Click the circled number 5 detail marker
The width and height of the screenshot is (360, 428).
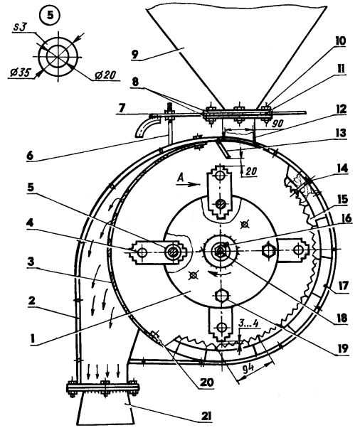pos(51,15)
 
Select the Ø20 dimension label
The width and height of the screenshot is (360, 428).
pos(105,75)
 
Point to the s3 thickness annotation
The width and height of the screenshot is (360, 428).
pos(22,27)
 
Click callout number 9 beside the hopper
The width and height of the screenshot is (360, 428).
pos(136,54)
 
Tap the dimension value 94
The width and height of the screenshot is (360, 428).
pos(250,368)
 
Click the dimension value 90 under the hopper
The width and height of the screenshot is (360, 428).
pos(277,124)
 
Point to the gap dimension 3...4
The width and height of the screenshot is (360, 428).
pos(249,323)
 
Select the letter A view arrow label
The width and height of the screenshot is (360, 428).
pos(180,178)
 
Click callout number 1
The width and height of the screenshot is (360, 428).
pos(33,338)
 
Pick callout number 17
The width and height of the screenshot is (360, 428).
pos(343,286)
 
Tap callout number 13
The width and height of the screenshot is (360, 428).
pos(340,133)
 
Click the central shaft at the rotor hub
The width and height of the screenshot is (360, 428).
pos(219,250)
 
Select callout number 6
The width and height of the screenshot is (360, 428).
pos(30,156)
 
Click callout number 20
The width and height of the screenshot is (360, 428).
pos(207,382)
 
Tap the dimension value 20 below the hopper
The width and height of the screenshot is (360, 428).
pos(251,171)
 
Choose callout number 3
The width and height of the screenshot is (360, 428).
pos(31,262)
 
